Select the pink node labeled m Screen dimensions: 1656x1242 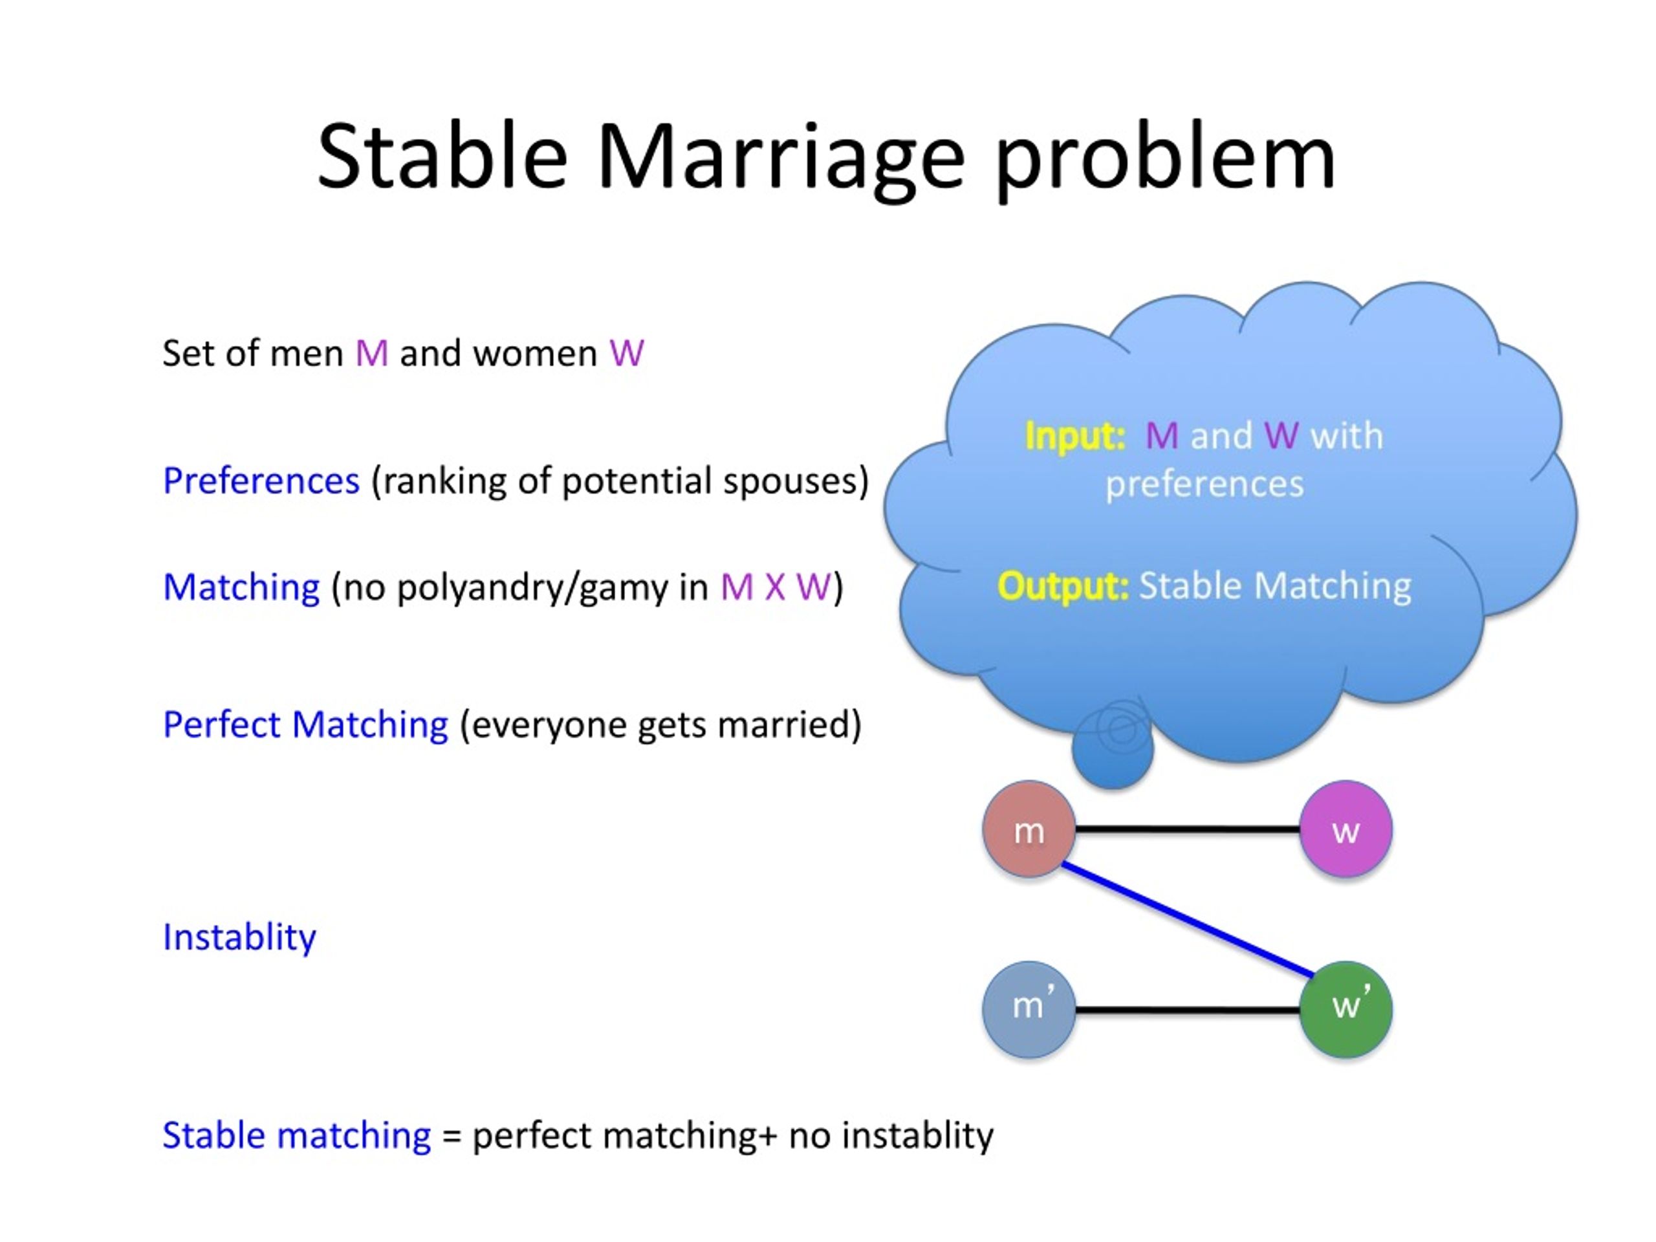tap(1029, 829)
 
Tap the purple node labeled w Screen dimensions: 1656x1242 tap(1345, 829)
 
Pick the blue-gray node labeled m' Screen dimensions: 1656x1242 tap(1029, 1010)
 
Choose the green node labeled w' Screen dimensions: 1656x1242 tap(1345, 1010)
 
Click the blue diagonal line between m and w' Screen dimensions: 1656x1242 tap(1188, 920)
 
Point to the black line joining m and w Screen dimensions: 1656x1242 tap(1188, 829)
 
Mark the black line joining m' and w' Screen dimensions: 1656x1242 tap(1188, 1010)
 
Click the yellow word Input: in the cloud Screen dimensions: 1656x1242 tap(1075, 437)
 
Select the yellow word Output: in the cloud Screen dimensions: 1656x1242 tap(1062, 586)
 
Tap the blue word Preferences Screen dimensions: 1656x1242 tap(261, 481)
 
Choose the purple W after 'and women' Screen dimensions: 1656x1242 tap(627, 353)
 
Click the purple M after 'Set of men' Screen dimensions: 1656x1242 tap(372, 353)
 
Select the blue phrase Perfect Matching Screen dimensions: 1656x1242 tap(305, 724)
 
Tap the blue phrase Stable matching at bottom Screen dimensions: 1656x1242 tap(296, 1136)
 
